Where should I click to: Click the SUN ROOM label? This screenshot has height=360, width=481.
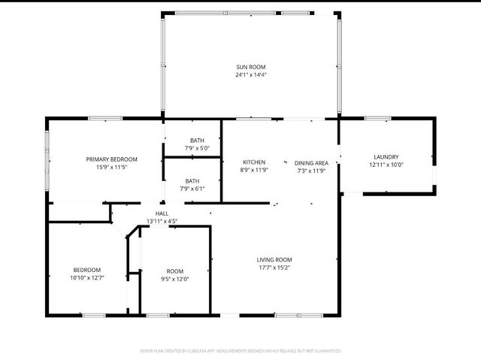pyautogui.click(x=251, y=67)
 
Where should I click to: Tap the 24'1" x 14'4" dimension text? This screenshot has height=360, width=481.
pyautogui.click(x=251, y=75)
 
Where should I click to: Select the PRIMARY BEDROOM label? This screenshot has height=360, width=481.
pyautogui.click(x=111, y=159)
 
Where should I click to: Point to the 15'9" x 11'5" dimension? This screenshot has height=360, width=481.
pyautogui.click(x=111, y=167)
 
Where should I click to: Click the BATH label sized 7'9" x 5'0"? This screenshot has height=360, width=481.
pyautogui.click(x=196, y=141)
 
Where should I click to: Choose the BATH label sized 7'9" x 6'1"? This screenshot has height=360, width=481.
pyautogui.click(x=192, y=180)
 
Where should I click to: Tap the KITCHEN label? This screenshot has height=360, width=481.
pyautogui.click(x=254, y=162)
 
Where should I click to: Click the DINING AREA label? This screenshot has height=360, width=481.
pyautogui.click(x=311, y=162)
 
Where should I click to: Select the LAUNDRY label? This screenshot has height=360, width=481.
pyautogui.click(x=386, y=156)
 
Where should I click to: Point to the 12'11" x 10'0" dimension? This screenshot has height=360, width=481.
pyautogui.click(x=386, y=165)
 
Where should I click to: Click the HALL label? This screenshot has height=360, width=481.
pyautogui.click(x=162, y=213)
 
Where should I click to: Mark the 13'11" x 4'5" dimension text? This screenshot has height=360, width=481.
pyautogui.click(x=162, y=221)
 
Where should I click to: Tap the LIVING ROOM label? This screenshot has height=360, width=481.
pyautogui.click(x=274, y=259)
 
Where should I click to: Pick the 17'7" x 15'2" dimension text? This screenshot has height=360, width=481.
pyautogui.click(x=274, y=267)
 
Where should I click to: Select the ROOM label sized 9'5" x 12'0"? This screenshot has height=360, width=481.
pyautogui.click(x=174, y=271)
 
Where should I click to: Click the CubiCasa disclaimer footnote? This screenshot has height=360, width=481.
pyautogui.click(x=240, y=350)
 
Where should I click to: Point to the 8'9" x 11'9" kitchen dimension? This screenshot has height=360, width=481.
pyautogui.click(x=254, y=171)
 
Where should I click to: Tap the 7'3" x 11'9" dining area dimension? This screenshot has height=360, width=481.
pyautogui.click(x=311, y=171)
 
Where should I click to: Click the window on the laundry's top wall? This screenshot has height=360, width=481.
pyautogui.click(x=377, y=118)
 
